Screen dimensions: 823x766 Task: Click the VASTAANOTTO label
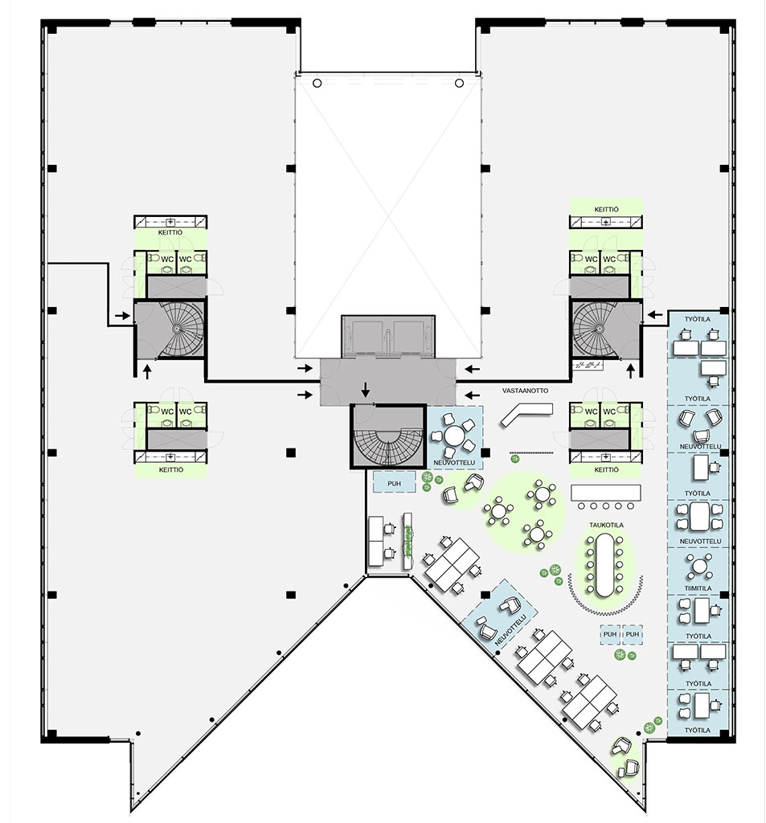(524, 391)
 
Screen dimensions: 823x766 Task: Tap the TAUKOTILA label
(605, 525)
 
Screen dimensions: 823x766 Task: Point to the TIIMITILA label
(697, 588)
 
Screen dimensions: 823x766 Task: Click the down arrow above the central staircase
(365, 390)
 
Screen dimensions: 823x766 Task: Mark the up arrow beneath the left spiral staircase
(148, 371)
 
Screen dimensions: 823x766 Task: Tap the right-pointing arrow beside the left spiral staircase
(120, 318)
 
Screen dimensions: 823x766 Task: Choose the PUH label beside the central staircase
(393, 484)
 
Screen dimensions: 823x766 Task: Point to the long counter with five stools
(606, 491)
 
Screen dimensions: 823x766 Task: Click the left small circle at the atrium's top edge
(317, 83)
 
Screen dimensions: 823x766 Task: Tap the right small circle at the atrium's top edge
(459, 83)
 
